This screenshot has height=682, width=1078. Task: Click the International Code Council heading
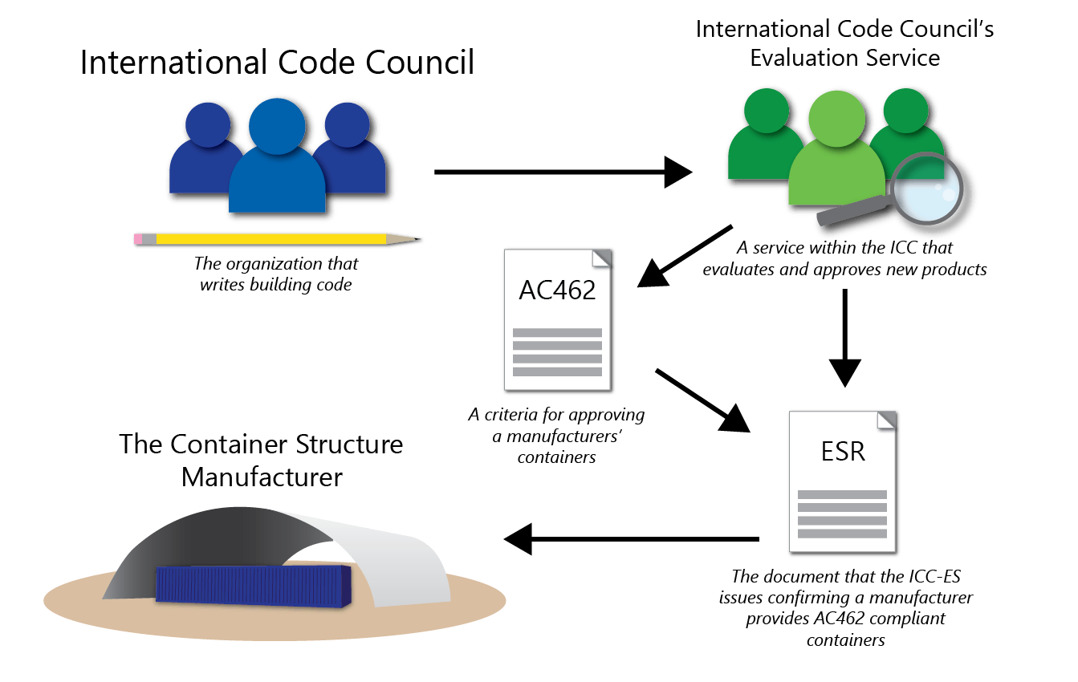click(x=277, y=63)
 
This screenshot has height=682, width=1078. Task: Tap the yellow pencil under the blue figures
click(x=273, y=238)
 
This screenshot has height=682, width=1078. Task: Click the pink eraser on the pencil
click(x=138, y=238)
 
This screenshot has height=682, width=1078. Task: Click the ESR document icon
click(x=842, y=481)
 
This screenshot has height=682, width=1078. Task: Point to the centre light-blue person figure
click(x=278, y=160)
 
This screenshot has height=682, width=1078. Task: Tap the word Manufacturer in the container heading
click(x=262, y=477)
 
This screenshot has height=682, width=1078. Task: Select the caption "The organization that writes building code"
click(x=276, y=274)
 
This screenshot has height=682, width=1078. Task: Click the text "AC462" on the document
click(x=557, y=290)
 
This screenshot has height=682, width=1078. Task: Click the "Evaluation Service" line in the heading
click(x=844, y=58)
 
